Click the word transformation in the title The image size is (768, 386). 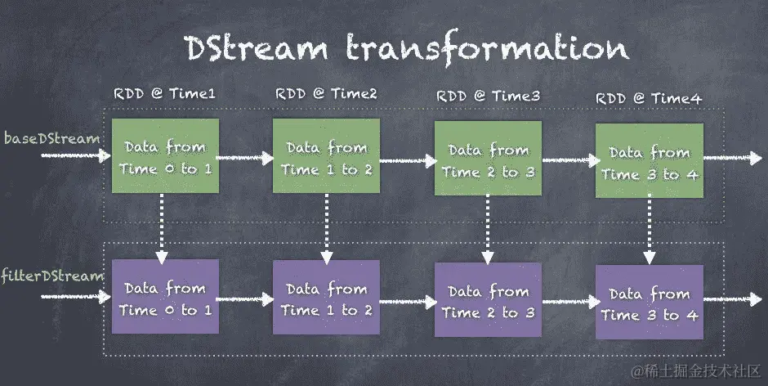488,48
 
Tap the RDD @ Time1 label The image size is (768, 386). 164,94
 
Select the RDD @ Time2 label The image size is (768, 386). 326,94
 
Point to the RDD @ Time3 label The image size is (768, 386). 488,96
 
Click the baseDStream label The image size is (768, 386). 51,138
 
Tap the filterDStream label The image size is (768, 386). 52,276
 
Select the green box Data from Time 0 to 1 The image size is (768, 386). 165,157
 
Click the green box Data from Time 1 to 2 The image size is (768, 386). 327,157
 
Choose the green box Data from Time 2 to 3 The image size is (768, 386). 488,160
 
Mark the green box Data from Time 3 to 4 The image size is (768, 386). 649,162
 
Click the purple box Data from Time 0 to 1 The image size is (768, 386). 165,298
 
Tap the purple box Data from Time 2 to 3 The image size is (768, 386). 488,301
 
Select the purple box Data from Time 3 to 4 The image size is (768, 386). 649,303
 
